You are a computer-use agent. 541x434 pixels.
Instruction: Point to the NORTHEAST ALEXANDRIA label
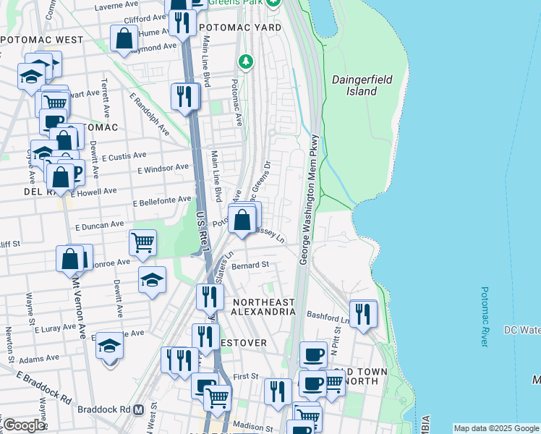click(263, 306)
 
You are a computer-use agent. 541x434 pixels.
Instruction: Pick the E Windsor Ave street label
click(163, 168)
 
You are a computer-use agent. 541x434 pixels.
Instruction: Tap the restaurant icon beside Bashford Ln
click(362, 313)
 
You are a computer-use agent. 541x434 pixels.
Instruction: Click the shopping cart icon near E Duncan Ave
click(142, 243)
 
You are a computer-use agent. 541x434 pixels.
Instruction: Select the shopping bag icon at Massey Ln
click(243, 218)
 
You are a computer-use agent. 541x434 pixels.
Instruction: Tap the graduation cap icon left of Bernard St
click(152, 279)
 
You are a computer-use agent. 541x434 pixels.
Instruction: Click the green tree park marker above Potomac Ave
click(247, 61)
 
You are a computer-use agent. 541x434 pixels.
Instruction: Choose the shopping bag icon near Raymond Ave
click(124, 38)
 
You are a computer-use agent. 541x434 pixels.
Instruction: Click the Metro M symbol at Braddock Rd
click(137, 409)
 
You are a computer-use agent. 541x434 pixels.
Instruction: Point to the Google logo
click(24, 425)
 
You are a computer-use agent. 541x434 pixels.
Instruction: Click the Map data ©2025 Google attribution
click(495, 428)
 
